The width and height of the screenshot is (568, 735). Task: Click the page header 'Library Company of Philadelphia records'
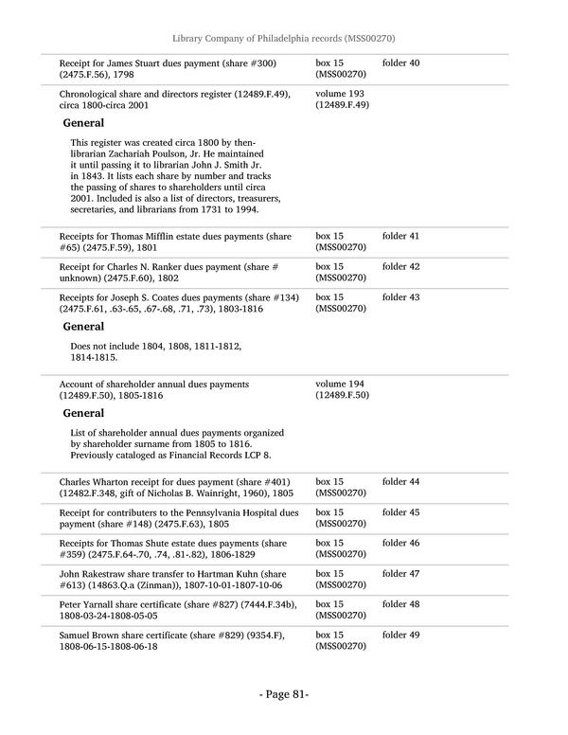tap(283, 38)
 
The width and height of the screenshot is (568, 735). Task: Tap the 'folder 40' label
tap(400, 63)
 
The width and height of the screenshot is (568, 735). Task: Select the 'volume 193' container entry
tap(336, 94)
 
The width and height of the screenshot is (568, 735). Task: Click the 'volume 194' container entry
tap(336, 384)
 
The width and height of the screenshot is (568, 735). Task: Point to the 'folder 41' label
tap(400, 236)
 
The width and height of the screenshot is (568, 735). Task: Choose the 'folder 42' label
tap(400, 267)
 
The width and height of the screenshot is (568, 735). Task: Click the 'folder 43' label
tap(400, 297)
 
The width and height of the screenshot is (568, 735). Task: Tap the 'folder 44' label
tap(400, 482)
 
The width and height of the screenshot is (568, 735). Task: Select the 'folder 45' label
tap(400, 512)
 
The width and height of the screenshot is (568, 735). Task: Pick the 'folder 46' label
tap(400, 544)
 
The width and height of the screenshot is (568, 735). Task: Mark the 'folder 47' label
tap(400, 574)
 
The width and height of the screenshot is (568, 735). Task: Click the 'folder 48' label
tap(400, 604)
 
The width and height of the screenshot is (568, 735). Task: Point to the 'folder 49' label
tap(400, 635)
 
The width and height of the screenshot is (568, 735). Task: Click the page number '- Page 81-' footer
tap(284, 694)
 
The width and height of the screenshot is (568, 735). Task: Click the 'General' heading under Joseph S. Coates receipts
tap(83, 326)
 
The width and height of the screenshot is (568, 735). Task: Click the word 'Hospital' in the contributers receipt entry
tap(275, 512)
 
